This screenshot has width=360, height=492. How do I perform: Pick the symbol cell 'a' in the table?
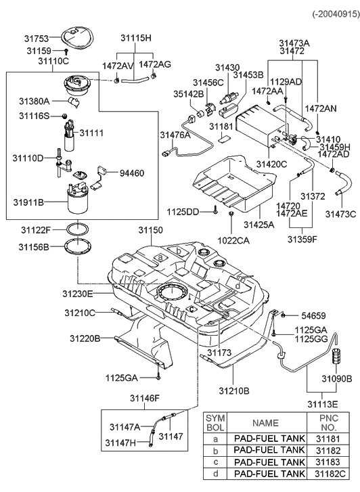coord(215,439)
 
